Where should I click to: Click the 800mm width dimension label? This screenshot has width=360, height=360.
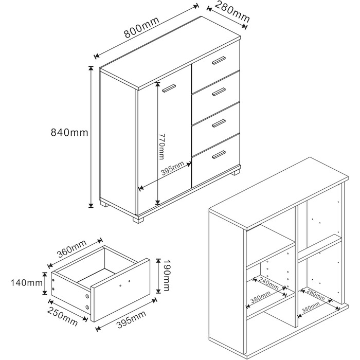pos(141,28)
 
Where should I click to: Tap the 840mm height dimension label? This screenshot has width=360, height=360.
pos(69,133)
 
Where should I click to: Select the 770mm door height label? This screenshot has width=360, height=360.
pos(161,147)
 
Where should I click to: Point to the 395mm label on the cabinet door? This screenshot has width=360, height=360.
pos(173,169)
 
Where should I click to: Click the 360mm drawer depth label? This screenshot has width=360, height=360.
pos(72,249)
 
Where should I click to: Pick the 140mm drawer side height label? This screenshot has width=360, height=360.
pos(26,283)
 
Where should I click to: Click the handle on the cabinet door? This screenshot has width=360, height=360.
pos(169,88)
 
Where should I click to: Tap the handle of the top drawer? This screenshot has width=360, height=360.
pos(219,60)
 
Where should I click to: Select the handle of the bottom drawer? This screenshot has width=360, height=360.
pos(219,154)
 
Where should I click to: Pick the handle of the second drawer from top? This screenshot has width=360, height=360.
pos(219,92)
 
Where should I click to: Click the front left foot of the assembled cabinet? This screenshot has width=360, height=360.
pos(138,220)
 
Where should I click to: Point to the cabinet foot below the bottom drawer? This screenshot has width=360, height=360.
pos(236,172)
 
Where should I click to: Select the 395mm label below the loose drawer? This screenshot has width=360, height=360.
pos(131,319)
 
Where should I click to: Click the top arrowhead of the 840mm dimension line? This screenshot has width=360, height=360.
pos(91,68)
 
